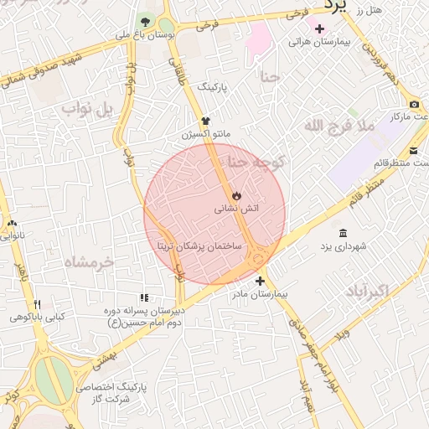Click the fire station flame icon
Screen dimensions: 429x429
click(x=237, y=195)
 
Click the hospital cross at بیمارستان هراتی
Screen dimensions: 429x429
click(x=319, y=29)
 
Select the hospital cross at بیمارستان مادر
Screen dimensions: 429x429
click(x=260, y=282)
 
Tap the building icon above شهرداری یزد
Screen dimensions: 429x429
click(x=343, y=233)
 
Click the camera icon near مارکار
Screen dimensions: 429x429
click(x=415, y=104)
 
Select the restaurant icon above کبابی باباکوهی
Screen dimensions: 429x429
click(x=37, y=305)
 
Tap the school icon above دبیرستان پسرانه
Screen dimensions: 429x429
click(x=144, y=297)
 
